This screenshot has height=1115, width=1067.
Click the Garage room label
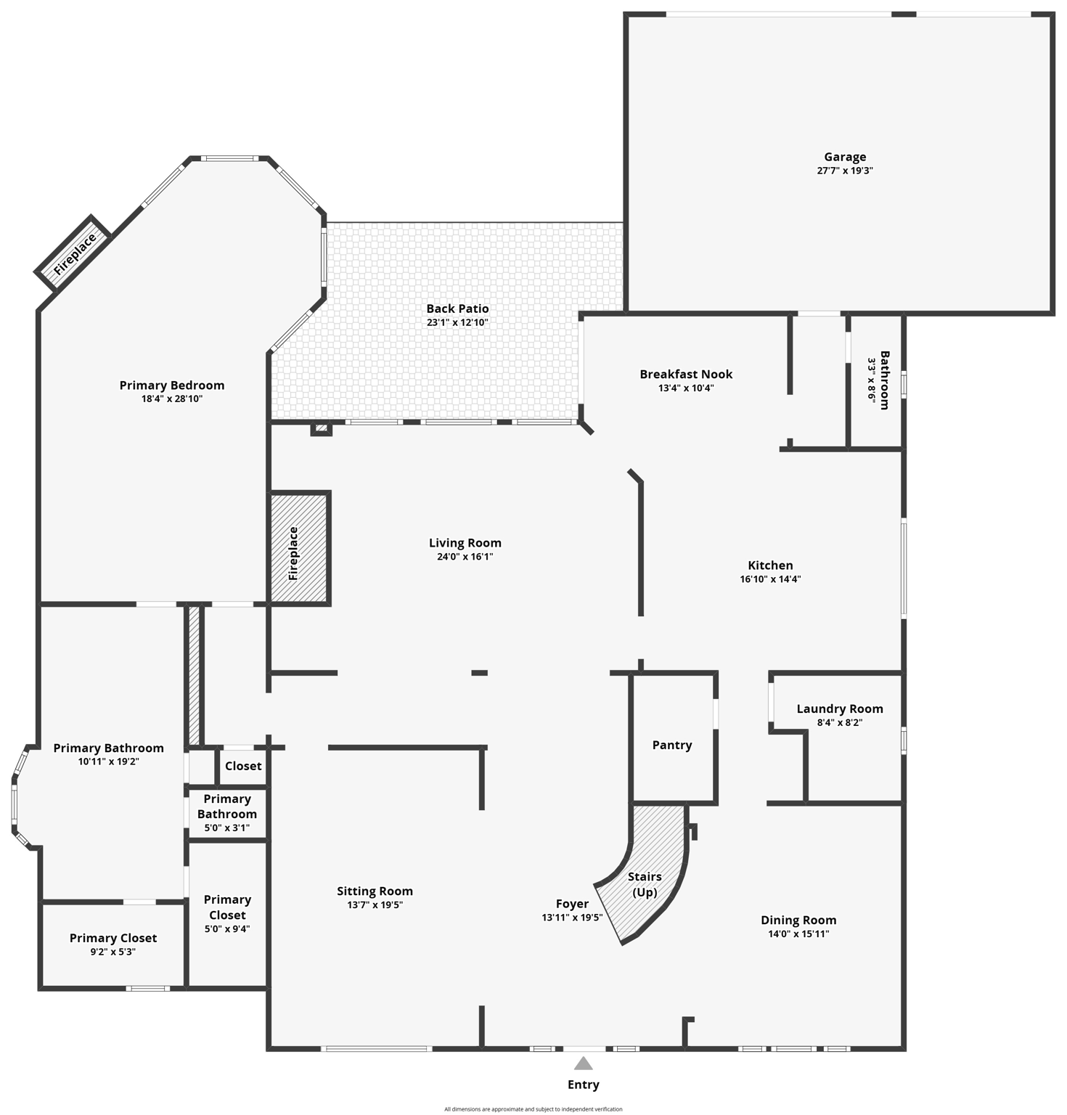point(844,157)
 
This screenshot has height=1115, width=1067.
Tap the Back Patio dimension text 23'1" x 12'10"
point(457,322)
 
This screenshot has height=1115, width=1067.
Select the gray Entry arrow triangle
point(583,1063)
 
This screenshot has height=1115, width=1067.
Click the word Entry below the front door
point(583,1085)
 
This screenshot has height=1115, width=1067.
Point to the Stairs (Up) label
point(645,884)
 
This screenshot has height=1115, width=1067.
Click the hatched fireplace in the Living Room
point(299,549)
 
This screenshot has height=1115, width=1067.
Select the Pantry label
point(671,745)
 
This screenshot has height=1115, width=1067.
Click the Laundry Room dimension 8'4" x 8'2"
point(839,722)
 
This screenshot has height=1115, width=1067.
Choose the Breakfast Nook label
point(686,374)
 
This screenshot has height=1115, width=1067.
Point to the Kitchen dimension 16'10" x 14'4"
point(770,579)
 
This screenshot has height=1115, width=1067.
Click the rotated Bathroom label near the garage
point(884,380)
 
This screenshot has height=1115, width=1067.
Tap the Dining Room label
point(798,920)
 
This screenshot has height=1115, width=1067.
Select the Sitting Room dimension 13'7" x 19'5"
point(375,904)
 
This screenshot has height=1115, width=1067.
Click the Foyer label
point(572,904)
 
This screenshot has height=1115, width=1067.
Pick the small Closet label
point(243,766)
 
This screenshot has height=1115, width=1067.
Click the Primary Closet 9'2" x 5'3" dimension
point(113,952)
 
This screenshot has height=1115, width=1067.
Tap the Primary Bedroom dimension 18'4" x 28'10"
point(171,399)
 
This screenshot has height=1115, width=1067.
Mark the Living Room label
point(465,543)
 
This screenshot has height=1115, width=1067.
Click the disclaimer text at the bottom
point(533,1109)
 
